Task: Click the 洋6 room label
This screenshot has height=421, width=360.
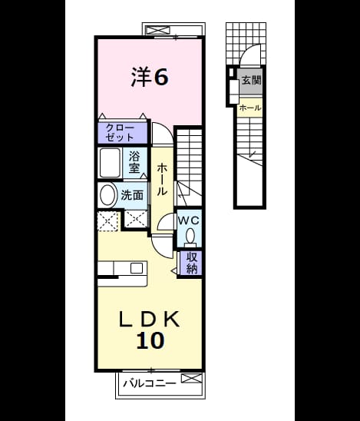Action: click(150, 77)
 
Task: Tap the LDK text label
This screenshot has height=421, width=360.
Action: click(149, 319)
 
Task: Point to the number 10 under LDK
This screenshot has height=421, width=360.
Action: click(150, 340)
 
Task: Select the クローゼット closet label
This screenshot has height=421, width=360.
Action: click(120, 132)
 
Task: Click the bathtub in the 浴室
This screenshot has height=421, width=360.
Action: click(110, 163)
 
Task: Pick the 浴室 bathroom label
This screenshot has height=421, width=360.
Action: click(134, 162)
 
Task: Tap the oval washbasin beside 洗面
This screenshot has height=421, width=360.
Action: click(108, 195)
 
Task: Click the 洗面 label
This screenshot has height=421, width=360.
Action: click(132, 195)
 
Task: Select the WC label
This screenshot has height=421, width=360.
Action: click(189, 220)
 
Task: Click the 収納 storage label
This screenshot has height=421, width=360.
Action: click(192, 263)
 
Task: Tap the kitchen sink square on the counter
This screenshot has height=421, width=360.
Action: click(137, 268)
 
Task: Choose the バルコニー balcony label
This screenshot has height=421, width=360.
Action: click(150, 383)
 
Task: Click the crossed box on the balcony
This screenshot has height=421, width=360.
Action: click(192, 378)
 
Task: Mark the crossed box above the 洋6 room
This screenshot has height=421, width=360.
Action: click(159, 30)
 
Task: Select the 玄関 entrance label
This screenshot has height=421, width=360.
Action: click(251, 80)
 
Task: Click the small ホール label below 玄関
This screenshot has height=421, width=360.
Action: click(250, 108)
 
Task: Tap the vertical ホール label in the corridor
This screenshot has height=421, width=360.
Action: click(162, 179)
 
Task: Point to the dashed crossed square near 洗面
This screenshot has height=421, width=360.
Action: click(107, 221)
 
